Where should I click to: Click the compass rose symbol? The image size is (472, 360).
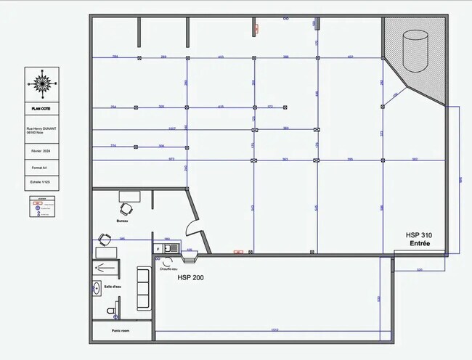point(43,83)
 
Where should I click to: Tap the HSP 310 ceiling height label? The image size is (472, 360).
point(420,235)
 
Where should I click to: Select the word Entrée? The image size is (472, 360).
point(420,244)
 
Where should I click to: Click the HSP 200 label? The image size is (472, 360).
point(191,277)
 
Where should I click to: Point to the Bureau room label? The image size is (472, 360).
point(122,221)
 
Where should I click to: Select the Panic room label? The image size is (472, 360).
point(121,331)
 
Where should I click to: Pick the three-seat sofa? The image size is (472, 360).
point(143,288)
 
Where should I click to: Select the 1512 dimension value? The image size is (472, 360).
point(274,330)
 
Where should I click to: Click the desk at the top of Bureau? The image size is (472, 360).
point(129,196)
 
